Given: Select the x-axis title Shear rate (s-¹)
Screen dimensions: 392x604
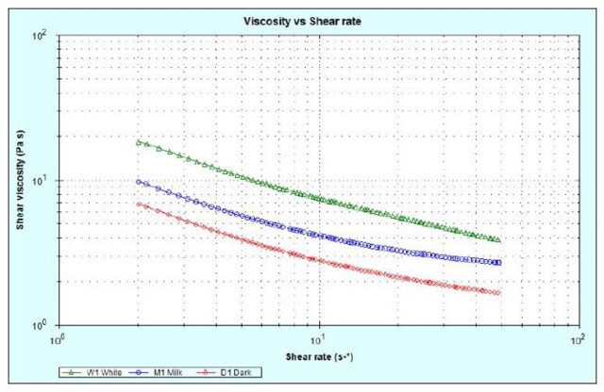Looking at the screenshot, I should point(320,357).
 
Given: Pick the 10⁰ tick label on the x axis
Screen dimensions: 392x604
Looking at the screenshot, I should point(59,336).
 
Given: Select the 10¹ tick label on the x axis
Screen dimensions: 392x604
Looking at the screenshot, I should point(320,336).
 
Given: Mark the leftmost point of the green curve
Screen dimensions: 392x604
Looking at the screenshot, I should point(139,142).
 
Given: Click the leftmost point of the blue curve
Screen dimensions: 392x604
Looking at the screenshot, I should point(139,182).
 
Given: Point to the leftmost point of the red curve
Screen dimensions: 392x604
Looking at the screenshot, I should point(139,204).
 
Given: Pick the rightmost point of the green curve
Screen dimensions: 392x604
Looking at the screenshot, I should point(498,239).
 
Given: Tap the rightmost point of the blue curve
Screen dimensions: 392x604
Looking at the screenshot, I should point(498,262).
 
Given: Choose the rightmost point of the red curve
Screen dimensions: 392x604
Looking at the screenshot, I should point(498,292).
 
